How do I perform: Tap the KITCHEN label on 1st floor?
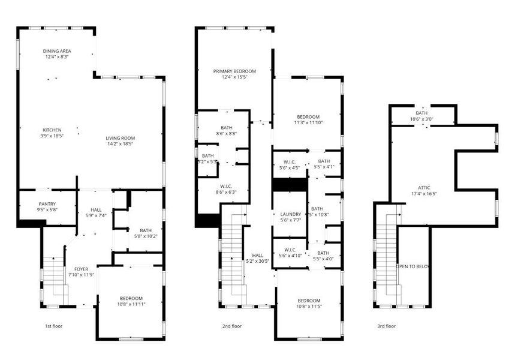(52, 130)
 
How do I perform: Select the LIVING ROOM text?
(119, 138)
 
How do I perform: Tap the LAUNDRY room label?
(290, 214)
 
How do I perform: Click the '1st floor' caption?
(53, 326)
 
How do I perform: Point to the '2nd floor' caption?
(232, 326)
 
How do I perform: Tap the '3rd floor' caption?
(387, 326)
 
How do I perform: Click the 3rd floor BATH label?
(421, 113)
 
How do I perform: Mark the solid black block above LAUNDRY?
(290, 185)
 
